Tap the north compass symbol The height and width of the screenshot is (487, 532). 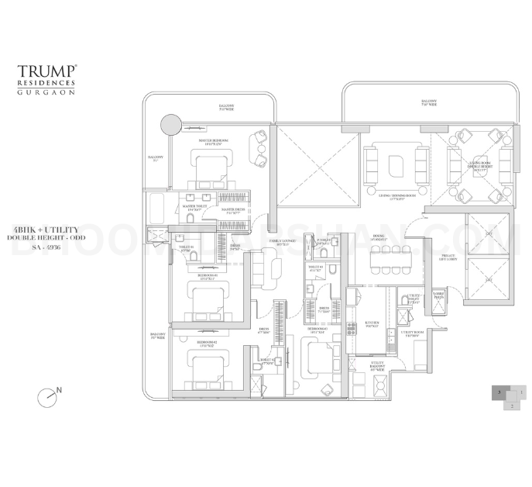point(47,396)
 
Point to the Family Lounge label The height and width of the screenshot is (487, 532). point(279,242)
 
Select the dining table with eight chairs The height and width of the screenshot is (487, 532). point(392,261)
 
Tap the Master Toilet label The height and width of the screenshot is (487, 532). point(191,209)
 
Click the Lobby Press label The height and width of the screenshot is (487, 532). point(439,295)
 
